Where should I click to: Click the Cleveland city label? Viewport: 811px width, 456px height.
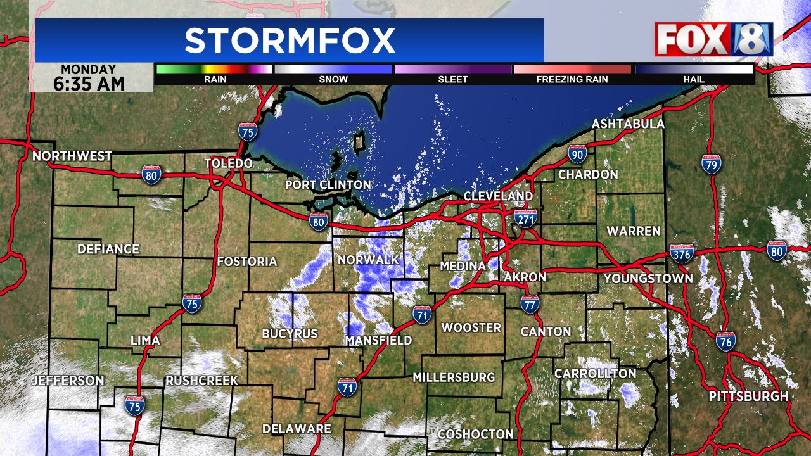[x=498, y=196]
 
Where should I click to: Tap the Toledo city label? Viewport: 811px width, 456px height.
[x=228, y=164]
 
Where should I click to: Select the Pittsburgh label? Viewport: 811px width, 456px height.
[x=748, y=396]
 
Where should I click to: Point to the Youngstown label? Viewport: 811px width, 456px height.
[x=648, y=278]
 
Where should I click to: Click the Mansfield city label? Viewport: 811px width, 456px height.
[x=378, y=340]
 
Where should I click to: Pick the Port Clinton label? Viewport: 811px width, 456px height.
[x=328, y=184]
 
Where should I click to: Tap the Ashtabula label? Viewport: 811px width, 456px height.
[x=628, y=124]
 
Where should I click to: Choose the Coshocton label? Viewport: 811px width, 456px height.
[x=475, y=434]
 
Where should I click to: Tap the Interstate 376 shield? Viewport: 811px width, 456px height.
[x=681, y=254]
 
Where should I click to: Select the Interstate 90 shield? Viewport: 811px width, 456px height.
[x=577, y=154]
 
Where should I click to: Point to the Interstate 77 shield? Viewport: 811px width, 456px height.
[x=530, y=304]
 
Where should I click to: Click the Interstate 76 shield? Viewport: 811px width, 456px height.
[x=726, y=341]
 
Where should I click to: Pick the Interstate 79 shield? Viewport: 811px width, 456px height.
[x=711, y=164]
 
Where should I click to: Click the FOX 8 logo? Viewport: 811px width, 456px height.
[x=713, y=39]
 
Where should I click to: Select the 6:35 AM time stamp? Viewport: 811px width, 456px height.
[x=93, y=83]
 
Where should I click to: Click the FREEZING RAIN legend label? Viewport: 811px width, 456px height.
[x=572, y=79]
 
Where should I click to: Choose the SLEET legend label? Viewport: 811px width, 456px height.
[x=452, y=79]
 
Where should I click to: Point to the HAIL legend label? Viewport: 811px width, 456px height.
[x=694, y=79]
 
